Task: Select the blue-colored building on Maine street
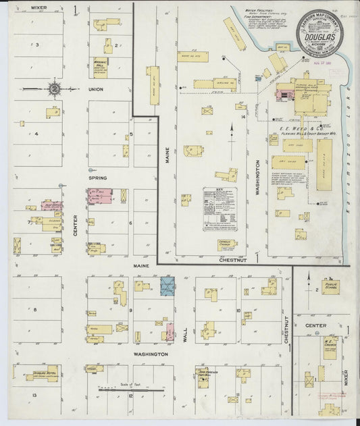tap(167, 286)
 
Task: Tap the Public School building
tap(330, 288)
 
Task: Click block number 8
tap(35, 309)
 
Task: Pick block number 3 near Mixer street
tap(38, 45)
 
